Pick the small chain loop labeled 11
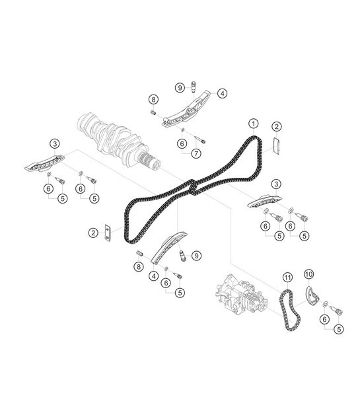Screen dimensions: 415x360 [x=289, y=311]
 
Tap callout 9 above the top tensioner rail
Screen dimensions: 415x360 [x=180, y=87]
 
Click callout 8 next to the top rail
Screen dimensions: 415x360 [x=153, y=99]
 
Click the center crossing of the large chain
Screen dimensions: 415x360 [x=192, y=187]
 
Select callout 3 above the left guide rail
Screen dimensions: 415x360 [x=55, y=143]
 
